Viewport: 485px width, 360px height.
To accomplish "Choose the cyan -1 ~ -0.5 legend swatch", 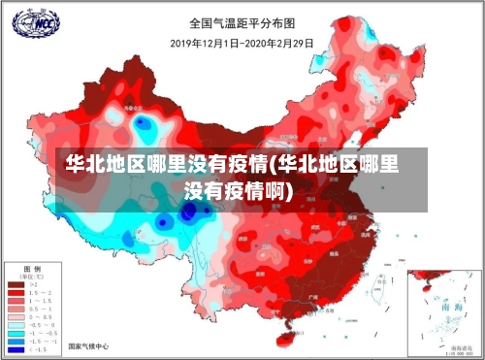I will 16,334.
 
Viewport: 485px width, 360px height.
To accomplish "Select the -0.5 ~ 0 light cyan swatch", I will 16,324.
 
